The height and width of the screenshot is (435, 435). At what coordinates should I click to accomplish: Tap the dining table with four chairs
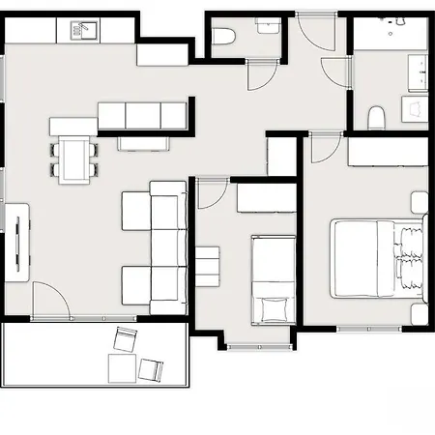click(x=73, y=158)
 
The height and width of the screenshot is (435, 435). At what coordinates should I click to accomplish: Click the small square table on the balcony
click(x=122, y=368)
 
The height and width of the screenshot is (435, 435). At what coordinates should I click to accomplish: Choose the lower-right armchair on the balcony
click(x=152, y=367)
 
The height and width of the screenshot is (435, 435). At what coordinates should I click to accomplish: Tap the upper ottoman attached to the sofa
click(x=135, y=211)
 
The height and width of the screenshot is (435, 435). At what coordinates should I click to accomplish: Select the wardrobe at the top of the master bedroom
click(x=381, y=152)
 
